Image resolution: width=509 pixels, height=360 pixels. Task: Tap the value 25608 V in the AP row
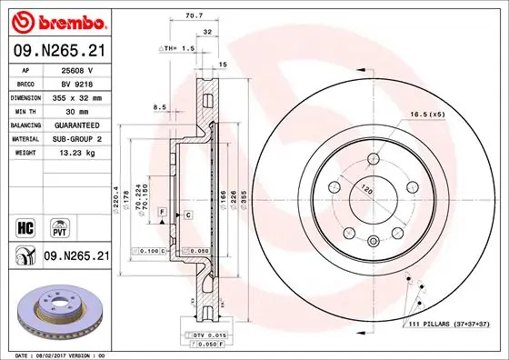click(78, 68)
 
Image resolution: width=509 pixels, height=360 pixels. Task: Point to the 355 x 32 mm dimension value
click(78, 96)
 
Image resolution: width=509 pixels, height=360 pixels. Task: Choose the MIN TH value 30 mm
click(78, 111)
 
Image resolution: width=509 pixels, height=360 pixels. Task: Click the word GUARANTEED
click(78, 125)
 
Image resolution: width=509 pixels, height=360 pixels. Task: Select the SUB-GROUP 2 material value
click(78, 139)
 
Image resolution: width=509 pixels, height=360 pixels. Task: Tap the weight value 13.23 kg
click(78, 154)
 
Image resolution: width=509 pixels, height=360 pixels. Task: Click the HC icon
click(25, 224)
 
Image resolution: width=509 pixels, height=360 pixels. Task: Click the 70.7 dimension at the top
click(194, 15)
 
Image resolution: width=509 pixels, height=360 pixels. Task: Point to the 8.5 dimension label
click(160, 107)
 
